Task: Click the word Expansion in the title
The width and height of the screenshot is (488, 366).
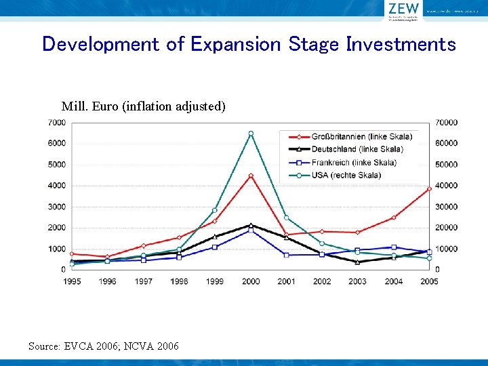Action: [x=235, y=45]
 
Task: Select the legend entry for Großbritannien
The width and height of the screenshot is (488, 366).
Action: [x=361, y=136]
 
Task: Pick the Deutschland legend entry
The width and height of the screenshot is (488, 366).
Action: [x=357, y=149]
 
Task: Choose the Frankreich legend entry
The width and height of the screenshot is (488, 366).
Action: [x=354, y=162]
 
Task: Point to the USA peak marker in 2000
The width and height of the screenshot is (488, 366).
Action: [x=251, y=134]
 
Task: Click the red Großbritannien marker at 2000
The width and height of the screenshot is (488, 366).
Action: [x=251, y=176]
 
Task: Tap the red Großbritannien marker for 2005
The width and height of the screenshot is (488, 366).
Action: [x=429, y=188]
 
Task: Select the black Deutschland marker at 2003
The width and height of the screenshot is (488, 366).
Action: [x=358, y=262]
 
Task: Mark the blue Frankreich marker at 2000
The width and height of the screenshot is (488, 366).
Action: [x=251, y=230]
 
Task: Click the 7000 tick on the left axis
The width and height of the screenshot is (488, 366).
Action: [x=56, y=123]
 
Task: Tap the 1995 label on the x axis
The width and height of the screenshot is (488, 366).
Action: [x=72, y=281]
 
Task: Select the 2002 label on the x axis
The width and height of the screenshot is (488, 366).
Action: [x=322, y=281]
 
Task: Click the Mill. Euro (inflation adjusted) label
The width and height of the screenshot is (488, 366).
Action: [x=143, y=106]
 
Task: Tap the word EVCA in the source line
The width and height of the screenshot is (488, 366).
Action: [x=79, y=346]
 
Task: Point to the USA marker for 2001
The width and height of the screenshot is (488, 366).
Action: [x=286, y=218]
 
